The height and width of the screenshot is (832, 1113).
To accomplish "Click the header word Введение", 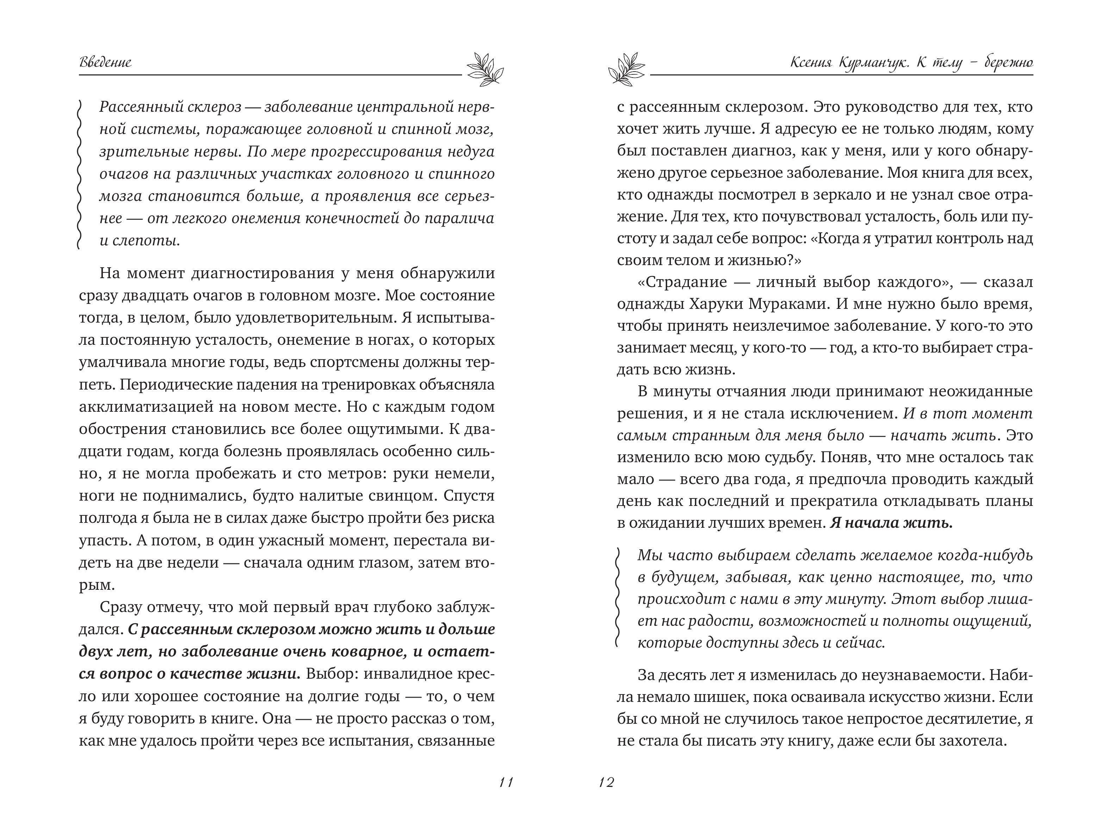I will tap(106, 62).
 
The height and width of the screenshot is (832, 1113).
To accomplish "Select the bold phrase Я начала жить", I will tap(891, 523).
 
